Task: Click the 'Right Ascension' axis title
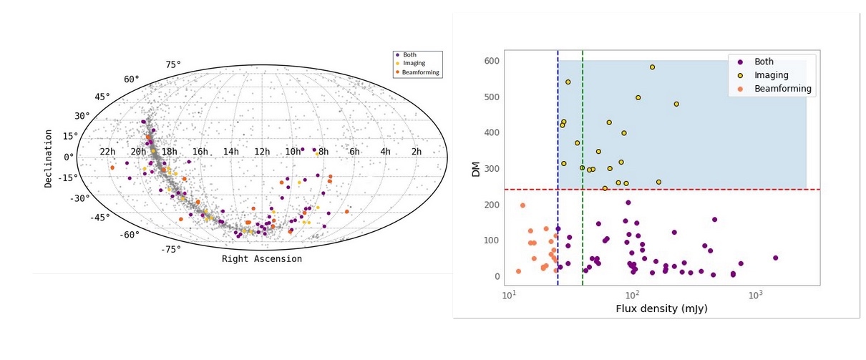pos(261,259)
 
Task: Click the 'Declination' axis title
pos(49,158)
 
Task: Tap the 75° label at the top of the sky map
pos(173,65)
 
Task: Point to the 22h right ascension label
pos(107,152)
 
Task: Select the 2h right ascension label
pos(416,152)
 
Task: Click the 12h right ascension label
pos(262,152)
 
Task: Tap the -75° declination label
pos(170,249)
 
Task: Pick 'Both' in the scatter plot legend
pos(764,62)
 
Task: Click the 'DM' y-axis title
pos(476,169)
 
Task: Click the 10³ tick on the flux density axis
pos(754,295)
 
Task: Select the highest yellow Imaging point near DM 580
pos(652,67)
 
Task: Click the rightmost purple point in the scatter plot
pos(775,258)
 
